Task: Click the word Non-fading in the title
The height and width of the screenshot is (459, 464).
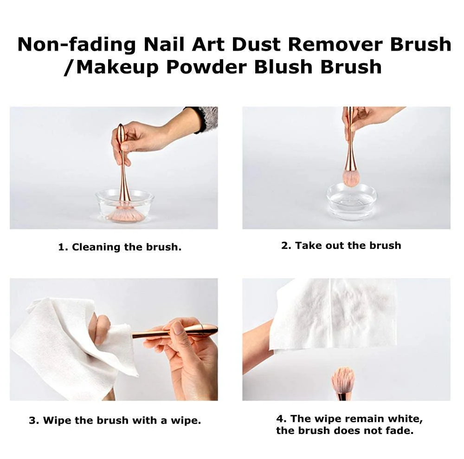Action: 76,45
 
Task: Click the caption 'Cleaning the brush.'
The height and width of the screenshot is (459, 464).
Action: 119,247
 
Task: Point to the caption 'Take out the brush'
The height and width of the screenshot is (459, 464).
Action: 341,245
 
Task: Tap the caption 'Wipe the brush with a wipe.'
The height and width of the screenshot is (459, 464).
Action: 115,420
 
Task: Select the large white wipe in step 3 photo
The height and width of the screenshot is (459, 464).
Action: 60,344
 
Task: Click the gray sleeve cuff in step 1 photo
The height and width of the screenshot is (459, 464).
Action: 208,118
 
